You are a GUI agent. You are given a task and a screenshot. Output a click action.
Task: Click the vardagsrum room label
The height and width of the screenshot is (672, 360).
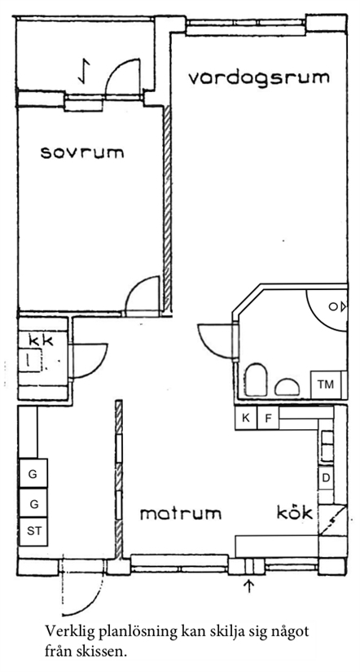(x=259, y=78)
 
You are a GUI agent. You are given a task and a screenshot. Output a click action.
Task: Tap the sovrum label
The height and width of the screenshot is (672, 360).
(x=82, y=152)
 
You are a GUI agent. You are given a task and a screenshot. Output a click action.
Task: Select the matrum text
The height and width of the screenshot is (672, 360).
(x=181, y=513)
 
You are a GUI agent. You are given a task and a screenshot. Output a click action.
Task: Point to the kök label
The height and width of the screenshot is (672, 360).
(x=294, y=512)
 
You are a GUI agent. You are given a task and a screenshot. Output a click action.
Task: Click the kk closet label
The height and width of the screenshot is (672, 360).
(x=41, y=340)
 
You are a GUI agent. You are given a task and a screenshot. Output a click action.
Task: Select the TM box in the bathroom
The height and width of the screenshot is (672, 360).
(x=325, y=384)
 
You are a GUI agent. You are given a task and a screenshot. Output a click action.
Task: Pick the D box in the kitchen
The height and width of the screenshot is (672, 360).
(x=326, y=478)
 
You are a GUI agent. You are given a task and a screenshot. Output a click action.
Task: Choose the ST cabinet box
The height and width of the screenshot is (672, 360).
(x=33, y=531)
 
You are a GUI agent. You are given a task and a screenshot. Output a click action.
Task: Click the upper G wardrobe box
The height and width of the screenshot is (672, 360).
(x=33, y=473)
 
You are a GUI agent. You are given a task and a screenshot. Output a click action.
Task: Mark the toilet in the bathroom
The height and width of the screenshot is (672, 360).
(x=257, y=380)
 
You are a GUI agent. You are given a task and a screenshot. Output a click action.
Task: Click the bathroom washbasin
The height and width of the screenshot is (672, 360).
(x=288, y=387)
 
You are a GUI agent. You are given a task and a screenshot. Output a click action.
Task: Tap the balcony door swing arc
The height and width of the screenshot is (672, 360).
(x=116, y=68)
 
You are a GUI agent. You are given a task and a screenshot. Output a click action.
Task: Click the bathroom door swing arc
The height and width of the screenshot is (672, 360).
(x=207, y=343)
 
